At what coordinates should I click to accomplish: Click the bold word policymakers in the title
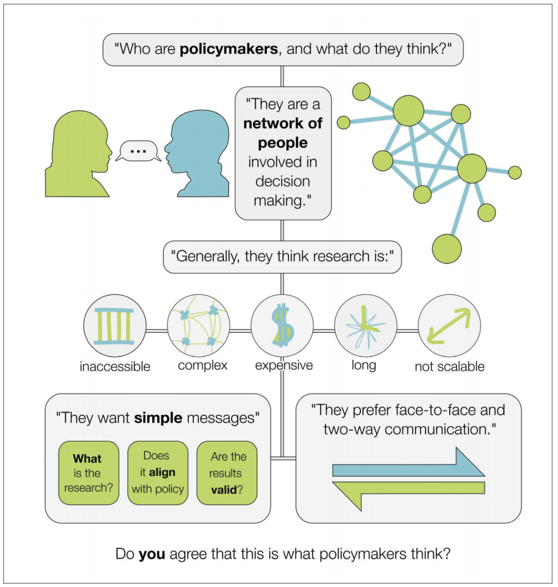point(228,49)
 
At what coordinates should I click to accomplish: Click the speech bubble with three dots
point(138,151)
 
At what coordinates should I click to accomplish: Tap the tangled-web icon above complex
point(199,326)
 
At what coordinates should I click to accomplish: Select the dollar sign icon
point(282,326)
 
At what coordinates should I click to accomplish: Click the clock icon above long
point(366,326)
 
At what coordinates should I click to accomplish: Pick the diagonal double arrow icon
point(449,326)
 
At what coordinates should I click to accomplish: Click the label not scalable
point(449,367)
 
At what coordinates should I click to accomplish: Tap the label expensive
point(284,366)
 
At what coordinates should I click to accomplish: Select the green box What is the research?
point(88,473)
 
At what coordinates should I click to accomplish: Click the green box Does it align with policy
point(157,473)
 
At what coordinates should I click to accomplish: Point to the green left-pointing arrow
point(408,492)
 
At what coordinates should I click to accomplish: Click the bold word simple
point(158,418)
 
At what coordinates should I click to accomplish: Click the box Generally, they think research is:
point(282,256)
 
